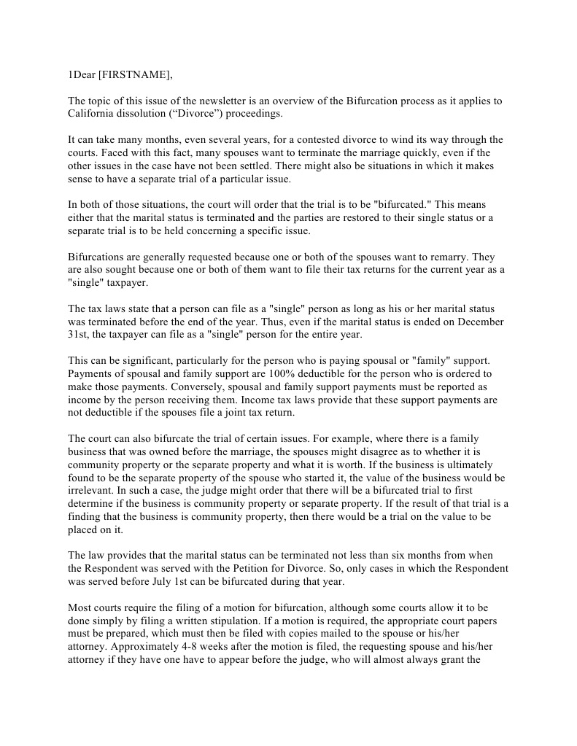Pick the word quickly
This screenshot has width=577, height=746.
(406, 152)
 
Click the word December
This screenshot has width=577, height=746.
(479, 322)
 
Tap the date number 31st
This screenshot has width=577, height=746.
(79, 335)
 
